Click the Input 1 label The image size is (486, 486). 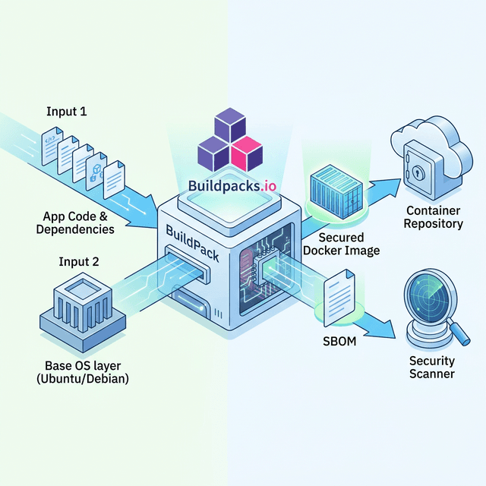[x=67, y=112]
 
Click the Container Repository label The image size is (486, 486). [x=434, y=216]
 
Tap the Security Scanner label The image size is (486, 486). [x=431, y=367]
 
